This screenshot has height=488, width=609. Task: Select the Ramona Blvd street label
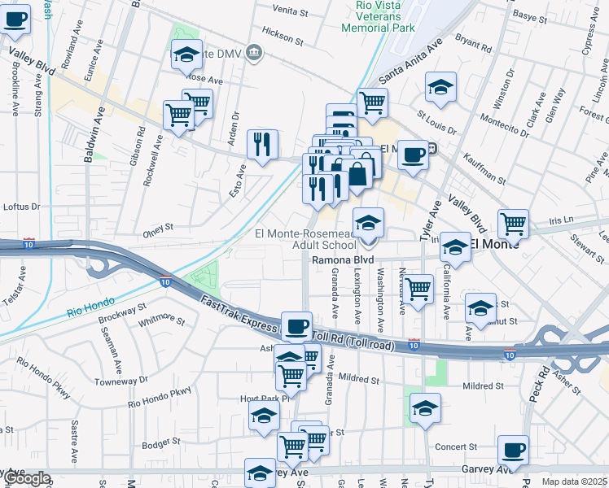343,260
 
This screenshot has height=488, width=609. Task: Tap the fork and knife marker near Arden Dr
262,145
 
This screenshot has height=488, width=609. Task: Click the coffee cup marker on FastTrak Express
296,326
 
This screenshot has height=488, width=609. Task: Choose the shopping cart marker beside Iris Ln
513,223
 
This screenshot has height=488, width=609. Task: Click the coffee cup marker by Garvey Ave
513,450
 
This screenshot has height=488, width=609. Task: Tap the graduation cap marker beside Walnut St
480,307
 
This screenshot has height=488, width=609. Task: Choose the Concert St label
456,447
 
